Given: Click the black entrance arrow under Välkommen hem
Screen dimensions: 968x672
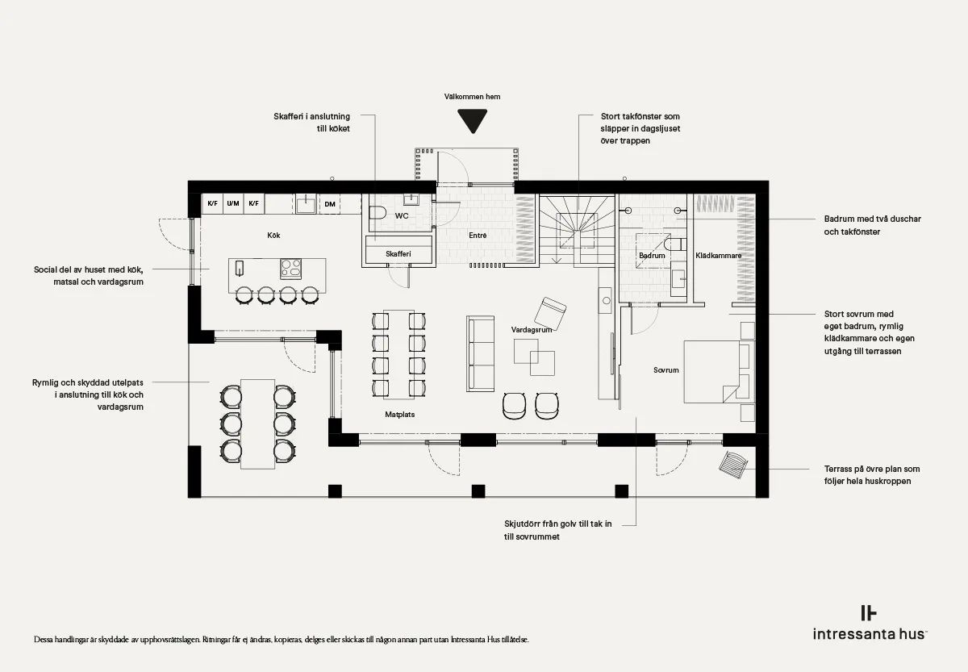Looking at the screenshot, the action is coord(473,120).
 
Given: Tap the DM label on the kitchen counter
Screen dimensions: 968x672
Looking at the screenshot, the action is coord(330,204).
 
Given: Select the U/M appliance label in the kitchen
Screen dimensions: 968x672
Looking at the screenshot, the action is coord(233,203).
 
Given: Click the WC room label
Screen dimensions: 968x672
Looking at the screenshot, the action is coord(402,215).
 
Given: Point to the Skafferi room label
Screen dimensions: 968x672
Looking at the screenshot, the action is coord(398,253).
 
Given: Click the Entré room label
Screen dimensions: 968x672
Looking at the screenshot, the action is coord(478,235).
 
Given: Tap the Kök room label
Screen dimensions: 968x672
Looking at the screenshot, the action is coord(273,235).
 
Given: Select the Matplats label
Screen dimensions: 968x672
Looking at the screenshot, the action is coord(400,414).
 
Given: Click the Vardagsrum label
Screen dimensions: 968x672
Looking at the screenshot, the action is coord(532,329).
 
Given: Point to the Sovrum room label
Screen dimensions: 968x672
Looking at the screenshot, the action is coord(666,370).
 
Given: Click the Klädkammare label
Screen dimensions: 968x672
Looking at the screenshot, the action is coord(718,256).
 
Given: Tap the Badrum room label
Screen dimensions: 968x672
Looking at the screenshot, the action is coord(652,256).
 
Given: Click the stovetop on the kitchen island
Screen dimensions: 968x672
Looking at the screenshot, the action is coord(291,269).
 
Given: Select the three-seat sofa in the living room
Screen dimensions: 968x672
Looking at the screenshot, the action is coord(480,354).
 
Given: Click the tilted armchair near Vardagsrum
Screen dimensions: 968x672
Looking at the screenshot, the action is coord(550,313).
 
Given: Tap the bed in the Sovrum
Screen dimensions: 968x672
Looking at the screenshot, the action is coord(719,372).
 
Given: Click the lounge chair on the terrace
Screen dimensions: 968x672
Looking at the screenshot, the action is coord(733,465).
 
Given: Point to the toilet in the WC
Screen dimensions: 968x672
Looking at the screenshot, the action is coord(378,213).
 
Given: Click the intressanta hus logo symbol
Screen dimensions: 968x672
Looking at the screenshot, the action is coord(868,613).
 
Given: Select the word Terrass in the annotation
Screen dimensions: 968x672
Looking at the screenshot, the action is coord(838,469).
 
